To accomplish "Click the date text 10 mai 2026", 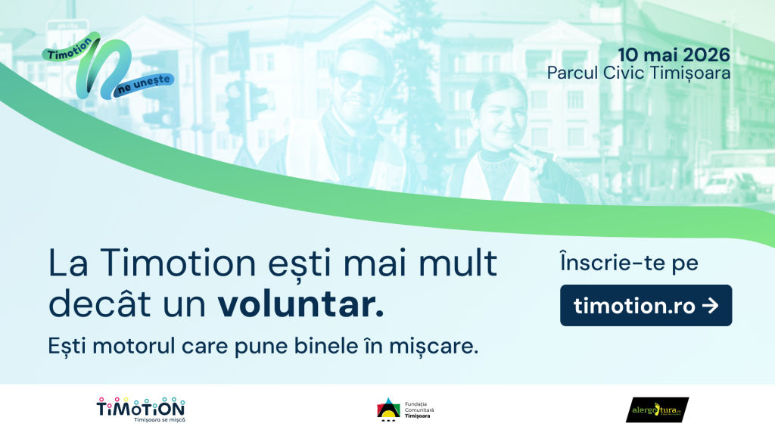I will tap(674, 54).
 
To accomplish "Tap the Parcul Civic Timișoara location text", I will tap(639, 73).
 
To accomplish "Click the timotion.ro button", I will tap(646, 305).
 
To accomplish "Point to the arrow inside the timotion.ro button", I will tap(709, 305).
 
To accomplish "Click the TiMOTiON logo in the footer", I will tap(141, 406).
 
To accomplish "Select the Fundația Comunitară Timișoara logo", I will tap(406, 410).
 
